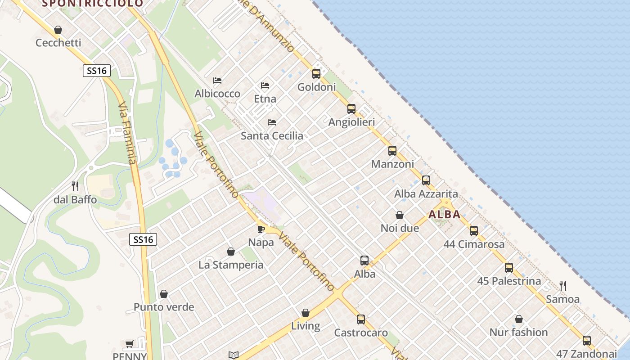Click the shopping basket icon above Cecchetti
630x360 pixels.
pyautogui.click(x=58, y=30)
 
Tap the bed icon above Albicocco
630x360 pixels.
pyautogui.click(x=217, y=81)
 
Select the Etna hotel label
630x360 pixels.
pyautogui.click(x=265, y=99)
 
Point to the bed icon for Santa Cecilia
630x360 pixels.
pyautogui.click(x=272, y=122)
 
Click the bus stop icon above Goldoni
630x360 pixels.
pyautogui.click(x=316, y=74)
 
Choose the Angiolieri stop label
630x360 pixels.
pyautogui.click(x=351, y=122)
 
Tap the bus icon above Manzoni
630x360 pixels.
pyautogui.click(x=392, y=151)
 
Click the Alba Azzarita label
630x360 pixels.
pyautogui.click(x=426, y=194)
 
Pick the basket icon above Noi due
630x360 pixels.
pyautogui.click(x=400, y=216)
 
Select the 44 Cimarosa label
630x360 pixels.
pyautogui.click(x=474, y=244)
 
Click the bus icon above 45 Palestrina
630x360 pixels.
pyautogui.click(x=509, y=268)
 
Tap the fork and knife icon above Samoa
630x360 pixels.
pyautogui.click(x=562, y=285)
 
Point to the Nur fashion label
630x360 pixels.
pyautogui.click(x=518, y=333)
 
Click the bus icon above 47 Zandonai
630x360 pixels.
pyautogui.click(x=587, y=341)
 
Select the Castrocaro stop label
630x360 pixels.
pyautogui.click(x=361, y=333)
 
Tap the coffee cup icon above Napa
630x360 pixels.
pyautogui.click(x=261, y=229)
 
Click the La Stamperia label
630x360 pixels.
pyautogui.click(x=231, y=265)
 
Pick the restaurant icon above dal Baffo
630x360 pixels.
pyautogui.click(x=75, y=186)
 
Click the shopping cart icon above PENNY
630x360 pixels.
pyautogui.click(x=130, y=344)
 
